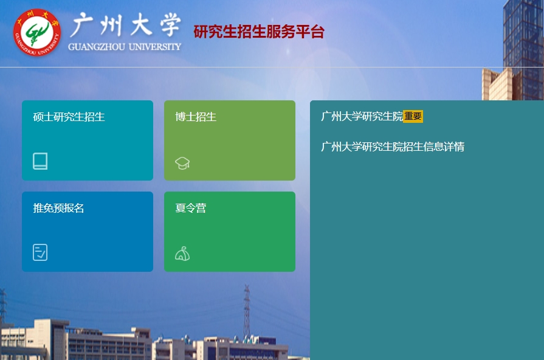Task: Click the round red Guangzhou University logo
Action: coord(37,32)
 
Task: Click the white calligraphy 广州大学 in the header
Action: coord(125,26)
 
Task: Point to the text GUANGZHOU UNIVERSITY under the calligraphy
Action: coord(125,47)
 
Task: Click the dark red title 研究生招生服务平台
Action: coord(259,32)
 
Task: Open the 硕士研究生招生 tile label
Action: coord(69,117)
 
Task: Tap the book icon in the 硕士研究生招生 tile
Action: coord(40,161)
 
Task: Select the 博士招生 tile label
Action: coord(196,117)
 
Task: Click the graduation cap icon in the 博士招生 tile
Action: coord(182,163)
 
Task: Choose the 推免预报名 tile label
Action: coord(58,208)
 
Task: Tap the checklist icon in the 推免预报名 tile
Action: coord(40,252)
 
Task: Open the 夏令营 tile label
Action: coord(190,208)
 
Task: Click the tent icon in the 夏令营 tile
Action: coord(182,254)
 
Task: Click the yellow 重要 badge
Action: coord(413,116)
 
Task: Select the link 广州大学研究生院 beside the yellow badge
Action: coord(362,116)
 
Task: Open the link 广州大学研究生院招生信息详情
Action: coord(393,147)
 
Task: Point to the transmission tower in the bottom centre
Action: coord(247,313)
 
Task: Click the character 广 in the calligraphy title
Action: coord(83,26)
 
